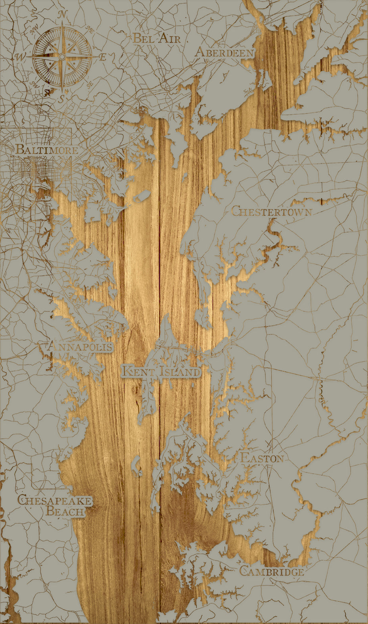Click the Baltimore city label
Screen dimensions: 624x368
[47, 150]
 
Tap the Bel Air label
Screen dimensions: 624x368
[157, 38]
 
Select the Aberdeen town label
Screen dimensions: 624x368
[225, 52]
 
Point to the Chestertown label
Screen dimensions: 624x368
[272, 211]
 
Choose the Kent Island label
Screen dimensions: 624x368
[161, 372]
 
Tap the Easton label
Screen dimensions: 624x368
[262, 458]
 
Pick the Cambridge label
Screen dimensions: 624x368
[272, 572]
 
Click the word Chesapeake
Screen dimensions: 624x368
[55, 500]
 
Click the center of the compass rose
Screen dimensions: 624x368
[61, 58]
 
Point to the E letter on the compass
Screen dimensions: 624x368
[102, 57]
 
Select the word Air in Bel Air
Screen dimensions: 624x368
[170, 38]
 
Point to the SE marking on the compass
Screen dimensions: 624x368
[90, 84]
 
